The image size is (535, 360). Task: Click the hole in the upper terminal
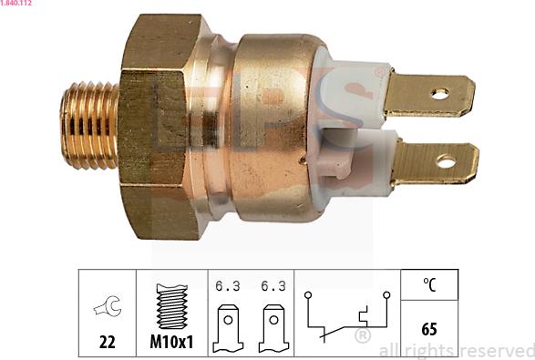coord(439,93)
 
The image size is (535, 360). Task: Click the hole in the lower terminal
coord(445,162)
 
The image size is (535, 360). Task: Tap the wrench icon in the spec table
coord(106,308)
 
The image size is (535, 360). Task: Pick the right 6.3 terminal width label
coord(273,285)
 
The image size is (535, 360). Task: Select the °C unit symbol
coord(429,284)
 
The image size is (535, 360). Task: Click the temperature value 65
coord(428,328)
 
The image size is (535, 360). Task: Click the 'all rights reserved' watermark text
coord(456,350)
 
